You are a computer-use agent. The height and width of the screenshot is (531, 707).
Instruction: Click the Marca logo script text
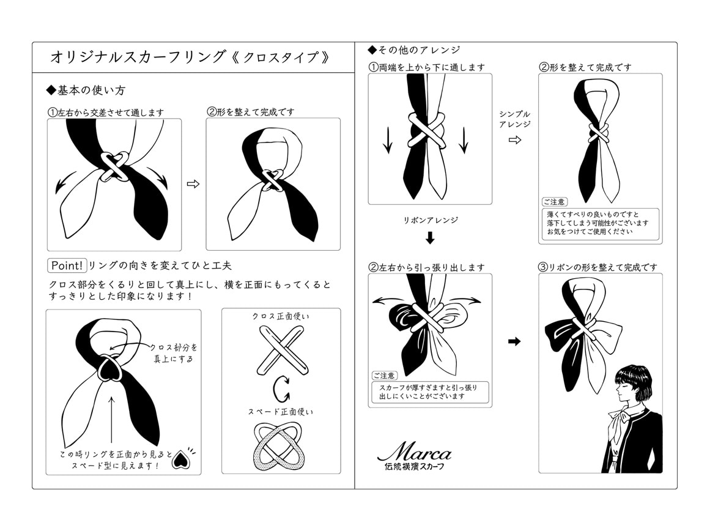tap(414, 452)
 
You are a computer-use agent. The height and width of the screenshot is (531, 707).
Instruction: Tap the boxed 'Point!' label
tap(67, 265)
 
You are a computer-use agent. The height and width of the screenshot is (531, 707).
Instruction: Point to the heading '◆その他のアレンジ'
tap(413, 50)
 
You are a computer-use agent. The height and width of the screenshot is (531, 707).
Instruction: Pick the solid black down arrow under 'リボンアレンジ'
tap(430, 237)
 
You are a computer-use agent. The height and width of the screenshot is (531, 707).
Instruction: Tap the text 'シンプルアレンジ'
tap(514, 119)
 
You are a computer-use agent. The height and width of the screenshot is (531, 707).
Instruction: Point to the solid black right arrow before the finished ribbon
tap(514, 341)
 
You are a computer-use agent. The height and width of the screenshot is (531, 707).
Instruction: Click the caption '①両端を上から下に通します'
tap(426, 67)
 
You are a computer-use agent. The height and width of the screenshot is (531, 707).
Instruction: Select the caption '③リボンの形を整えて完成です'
tap(598, 267)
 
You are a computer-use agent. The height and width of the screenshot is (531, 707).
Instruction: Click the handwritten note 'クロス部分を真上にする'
tap(174, 353)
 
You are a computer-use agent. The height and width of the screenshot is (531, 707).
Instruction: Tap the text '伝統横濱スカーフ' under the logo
tap(414, 467)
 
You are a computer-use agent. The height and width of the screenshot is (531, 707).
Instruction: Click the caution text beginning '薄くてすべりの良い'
tap(597, 223)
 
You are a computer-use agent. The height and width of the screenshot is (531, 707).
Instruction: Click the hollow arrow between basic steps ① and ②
tap(193, 184)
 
